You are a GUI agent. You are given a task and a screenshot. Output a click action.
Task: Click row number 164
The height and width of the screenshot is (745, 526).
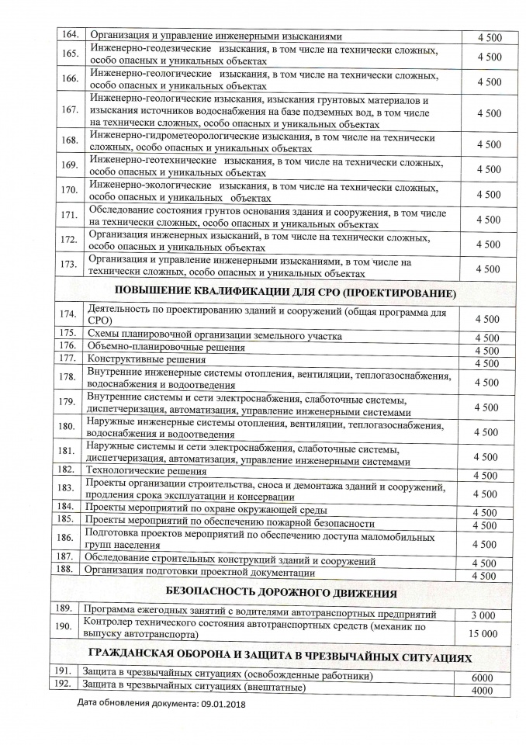pos(67,35)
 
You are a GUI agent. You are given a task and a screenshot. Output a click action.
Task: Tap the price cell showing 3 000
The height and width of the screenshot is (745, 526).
pos(486,615)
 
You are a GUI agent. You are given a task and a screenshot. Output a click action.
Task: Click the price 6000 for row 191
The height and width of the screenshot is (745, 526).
pos(482,677)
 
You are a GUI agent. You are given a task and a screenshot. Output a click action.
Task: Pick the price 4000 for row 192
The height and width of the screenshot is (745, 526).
pos(482,690)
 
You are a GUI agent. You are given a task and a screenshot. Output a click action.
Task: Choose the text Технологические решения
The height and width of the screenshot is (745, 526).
pos(148,470)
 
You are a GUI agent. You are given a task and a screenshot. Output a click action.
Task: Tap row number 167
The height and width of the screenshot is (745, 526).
pos(68,111)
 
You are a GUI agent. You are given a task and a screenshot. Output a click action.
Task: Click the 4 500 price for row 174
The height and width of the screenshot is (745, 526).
pos(486,319)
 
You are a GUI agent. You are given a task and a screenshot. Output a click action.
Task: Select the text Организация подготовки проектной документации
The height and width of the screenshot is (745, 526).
pos(202,573)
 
